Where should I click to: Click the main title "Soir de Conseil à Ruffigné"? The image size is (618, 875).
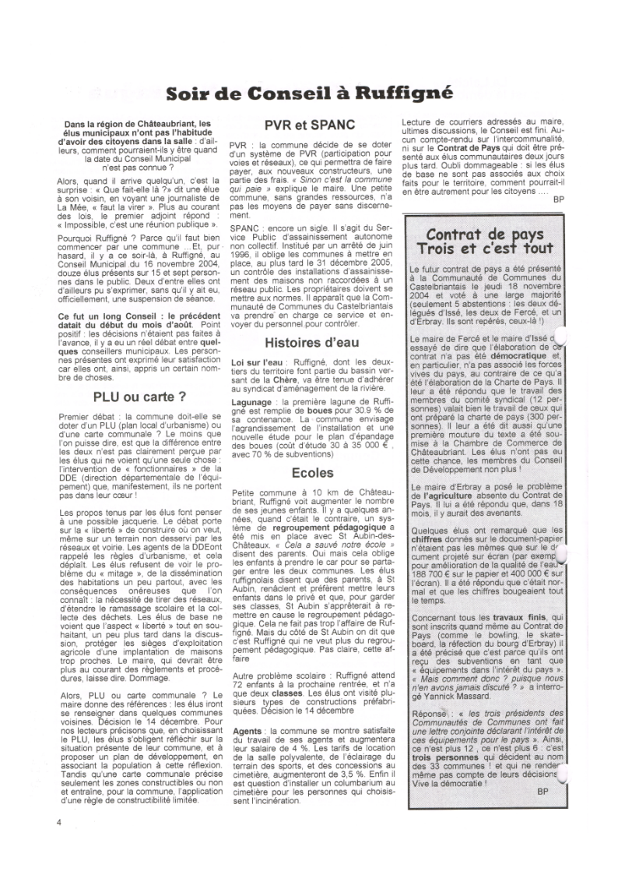pos(309,95)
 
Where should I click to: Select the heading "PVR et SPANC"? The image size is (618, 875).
pos(310,124)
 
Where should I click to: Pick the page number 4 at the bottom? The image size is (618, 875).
pos(58,820)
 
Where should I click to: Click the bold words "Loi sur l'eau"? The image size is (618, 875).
pos(255,363)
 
